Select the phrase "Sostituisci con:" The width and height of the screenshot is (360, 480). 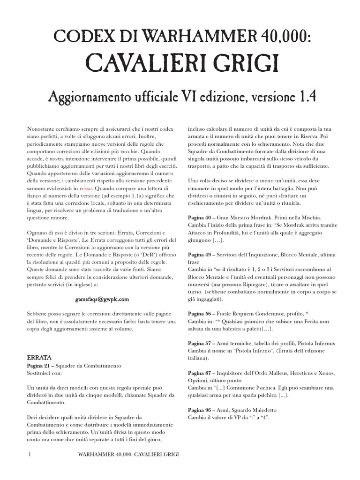coord(47,373)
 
